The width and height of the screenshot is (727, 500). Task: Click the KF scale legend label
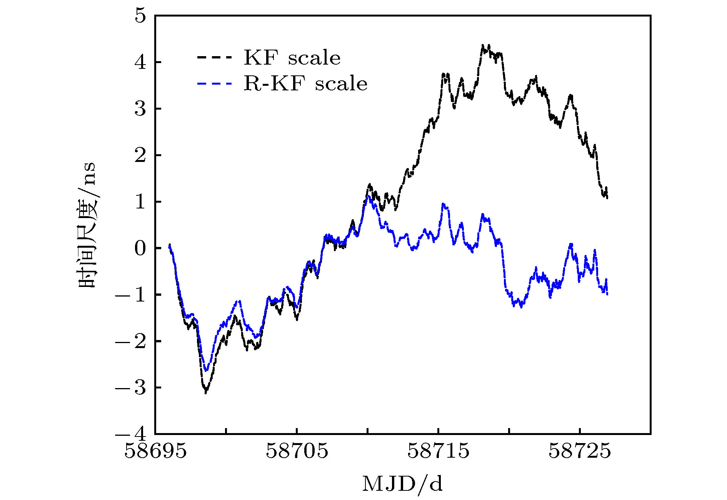point(292,58)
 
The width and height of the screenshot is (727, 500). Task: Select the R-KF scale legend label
point(305,83)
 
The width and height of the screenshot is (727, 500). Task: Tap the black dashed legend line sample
point(215,58)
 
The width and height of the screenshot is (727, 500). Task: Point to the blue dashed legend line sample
point(215,83)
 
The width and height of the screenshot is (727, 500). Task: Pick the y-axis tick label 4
point(141,62)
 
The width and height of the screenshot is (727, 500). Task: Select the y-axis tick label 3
point(141,109)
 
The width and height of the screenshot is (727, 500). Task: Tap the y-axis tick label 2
point(141,155)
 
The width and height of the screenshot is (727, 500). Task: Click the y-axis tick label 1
point(141,202)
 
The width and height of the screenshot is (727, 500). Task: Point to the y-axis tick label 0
point(141,248)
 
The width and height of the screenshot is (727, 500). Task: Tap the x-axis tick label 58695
point(155,451)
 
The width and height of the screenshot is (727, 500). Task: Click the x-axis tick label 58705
point(297,451)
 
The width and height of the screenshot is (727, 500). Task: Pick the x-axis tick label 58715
point(439,451)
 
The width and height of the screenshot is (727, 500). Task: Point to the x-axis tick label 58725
point(580,451)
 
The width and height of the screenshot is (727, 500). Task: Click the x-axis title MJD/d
point(402,484)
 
